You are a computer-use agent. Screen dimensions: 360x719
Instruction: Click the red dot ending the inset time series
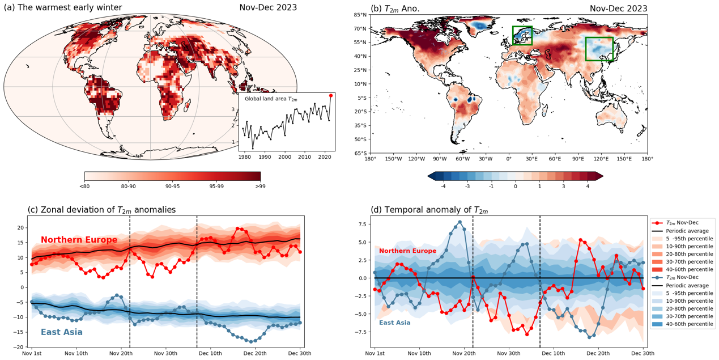(x=331, y=96)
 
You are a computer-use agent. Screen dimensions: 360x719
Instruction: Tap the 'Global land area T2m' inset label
(x=271, y=99)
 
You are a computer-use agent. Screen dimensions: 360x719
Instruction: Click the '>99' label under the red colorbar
(x=260, y=186)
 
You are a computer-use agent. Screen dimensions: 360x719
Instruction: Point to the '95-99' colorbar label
(x=216, y=186)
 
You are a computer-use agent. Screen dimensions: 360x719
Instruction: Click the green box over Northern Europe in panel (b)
(x=522, y=36)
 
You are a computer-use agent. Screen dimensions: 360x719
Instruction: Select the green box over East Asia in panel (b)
(x=599, y=49)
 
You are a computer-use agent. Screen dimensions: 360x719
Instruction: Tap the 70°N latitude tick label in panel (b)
(x=360, y=28)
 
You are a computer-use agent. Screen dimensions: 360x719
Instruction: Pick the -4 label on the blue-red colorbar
(x=443, y=186)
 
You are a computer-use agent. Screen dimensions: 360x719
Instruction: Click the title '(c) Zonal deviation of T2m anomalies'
(x=101, y=210)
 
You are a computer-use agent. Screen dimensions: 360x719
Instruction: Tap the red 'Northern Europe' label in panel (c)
(x=79, y=240)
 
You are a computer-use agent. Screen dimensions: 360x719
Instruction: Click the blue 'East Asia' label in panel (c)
(x=61, y=332)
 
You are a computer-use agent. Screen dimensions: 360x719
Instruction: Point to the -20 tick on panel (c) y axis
(x=20, y=347)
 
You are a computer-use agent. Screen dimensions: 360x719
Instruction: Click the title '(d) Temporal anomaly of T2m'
(x=429, y=210)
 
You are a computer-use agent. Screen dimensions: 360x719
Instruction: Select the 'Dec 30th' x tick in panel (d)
(x=643, y=353)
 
